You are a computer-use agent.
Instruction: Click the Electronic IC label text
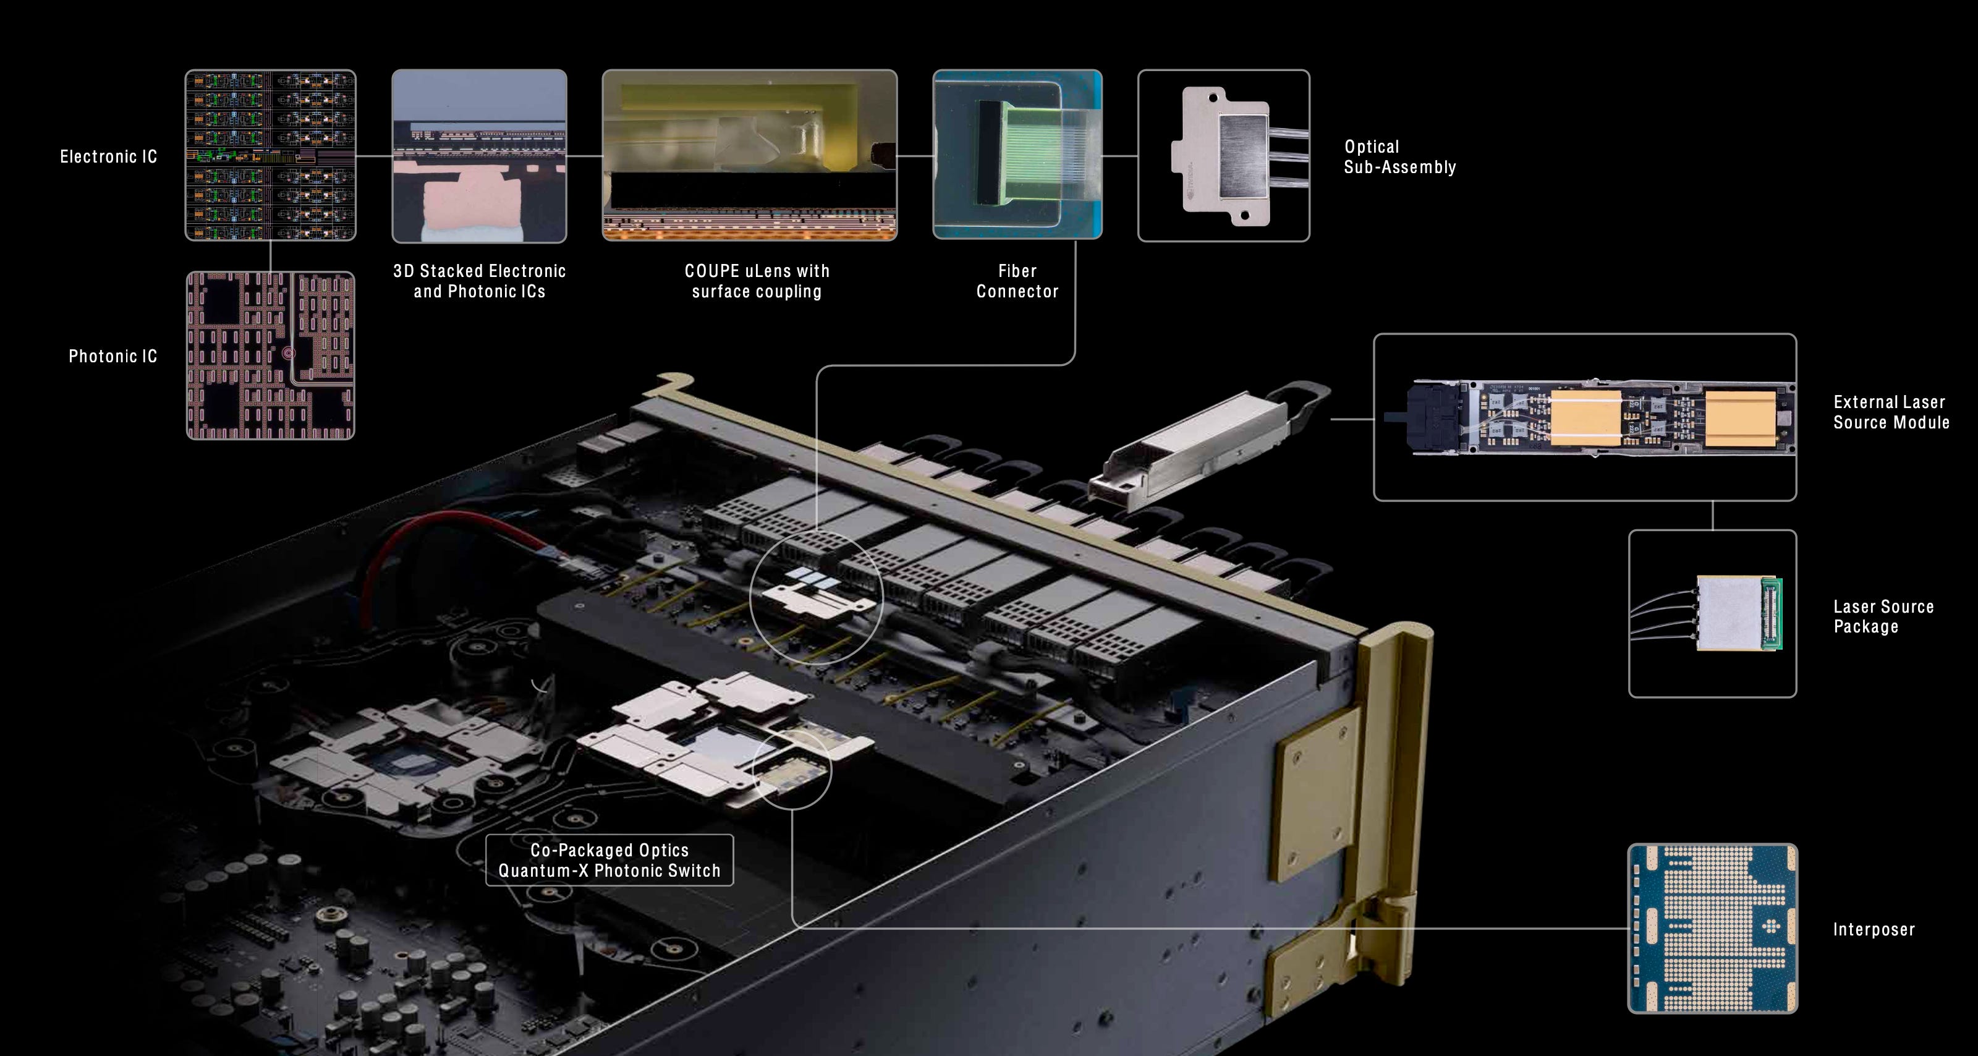(108, 156)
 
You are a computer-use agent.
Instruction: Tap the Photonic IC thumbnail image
(270, 356)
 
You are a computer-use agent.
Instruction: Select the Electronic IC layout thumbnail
(270, 155)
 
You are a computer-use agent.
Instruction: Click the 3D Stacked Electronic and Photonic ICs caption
(479, 281)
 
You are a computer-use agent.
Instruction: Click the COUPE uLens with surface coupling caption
(757, 281)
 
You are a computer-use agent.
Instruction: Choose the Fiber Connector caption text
(1017, 281)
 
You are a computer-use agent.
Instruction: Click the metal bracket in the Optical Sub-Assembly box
(1221, 156)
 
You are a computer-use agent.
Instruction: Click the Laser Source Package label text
(1883, 616)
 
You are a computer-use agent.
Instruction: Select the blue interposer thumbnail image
(1712, 929)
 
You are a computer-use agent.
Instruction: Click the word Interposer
(1874, 930)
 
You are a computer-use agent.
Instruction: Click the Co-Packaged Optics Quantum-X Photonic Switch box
(609, 860)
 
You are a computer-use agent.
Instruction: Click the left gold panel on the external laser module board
(1585, 418)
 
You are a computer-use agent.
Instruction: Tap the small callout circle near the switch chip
(791, 770)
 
